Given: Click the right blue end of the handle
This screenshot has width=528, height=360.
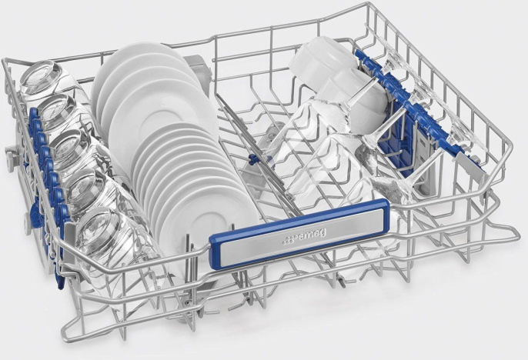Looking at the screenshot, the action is tap(384, 215).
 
